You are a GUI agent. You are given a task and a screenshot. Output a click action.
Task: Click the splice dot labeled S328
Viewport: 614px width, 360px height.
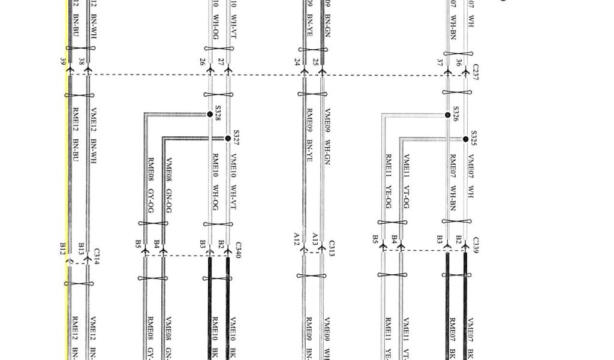coord(210,114)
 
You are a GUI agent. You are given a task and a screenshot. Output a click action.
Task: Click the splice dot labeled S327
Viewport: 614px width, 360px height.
coord(228,139)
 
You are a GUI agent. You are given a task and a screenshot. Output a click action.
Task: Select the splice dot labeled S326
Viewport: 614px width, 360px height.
coord(448,115)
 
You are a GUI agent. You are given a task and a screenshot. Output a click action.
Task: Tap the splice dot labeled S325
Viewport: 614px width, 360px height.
coord(466,139)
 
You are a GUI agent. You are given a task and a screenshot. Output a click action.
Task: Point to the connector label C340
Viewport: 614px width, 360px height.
coord(238,250)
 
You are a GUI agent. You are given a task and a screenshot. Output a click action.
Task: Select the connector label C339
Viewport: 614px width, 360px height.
coord(475,245)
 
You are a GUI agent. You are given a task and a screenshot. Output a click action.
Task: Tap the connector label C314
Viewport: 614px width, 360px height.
coord(97,254)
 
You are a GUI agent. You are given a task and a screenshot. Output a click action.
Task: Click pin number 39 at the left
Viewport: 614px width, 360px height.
coord(63,61)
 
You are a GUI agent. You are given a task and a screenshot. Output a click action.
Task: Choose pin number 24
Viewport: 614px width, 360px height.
coord(297,61)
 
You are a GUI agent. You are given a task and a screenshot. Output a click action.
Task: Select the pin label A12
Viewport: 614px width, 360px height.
coord(296,240)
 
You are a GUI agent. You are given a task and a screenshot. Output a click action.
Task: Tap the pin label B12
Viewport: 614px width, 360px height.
coord(62,248)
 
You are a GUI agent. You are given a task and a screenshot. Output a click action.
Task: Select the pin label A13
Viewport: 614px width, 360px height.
coord(315,239)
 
